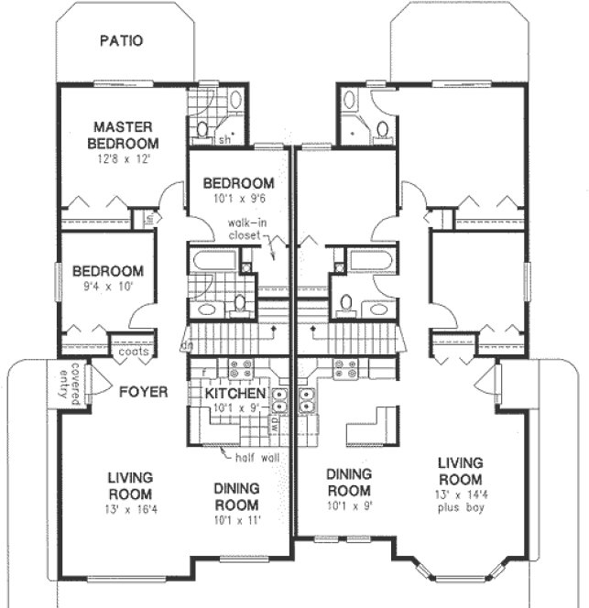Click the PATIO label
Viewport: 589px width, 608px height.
121,40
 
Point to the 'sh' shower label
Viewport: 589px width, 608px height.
224,139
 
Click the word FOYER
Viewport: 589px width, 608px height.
143,392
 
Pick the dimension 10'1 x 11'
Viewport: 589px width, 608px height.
237,520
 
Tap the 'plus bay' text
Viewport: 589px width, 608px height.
460,509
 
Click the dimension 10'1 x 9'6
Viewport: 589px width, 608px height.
238,197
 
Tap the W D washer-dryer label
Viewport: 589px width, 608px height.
274,427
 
